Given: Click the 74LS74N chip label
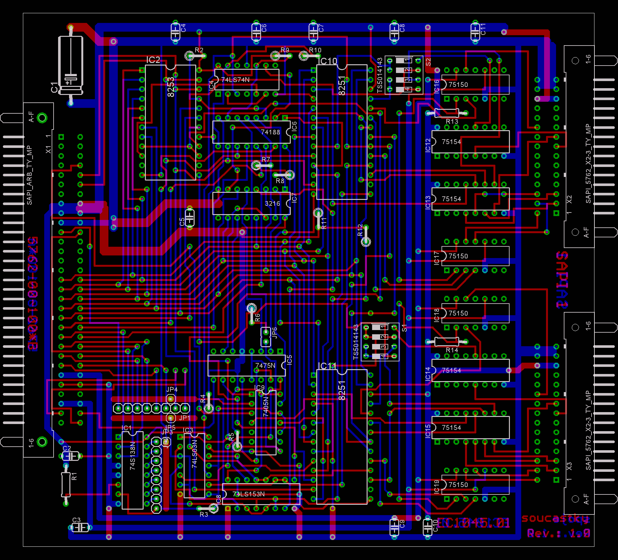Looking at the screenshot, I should (x=235, y=80).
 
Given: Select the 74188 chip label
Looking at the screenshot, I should (x=270, y=132).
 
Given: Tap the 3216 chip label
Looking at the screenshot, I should (x=272, y=203).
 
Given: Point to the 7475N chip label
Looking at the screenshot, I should (x=265, y=366).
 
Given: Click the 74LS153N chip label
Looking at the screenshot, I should (x=248, y=494).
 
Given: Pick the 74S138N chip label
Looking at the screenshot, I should (x=132, y=456).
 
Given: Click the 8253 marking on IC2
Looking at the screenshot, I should (x=171, y=87).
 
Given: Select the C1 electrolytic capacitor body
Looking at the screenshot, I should (x=71, y=65).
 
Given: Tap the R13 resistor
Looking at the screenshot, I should (x=447, y=113).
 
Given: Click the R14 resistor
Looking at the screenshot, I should (x=447, y=341).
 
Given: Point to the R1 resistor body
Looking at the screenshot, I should (x=66, y=484).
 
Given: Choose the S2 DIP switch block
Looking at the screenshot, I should (x=404, y=75).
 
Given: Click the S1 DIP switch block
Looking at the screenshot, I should (x=380, y=342).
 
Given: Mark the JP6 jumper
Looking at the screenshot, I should (x=266, y=337).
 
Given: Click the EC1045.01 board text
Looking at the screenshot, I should (x=473, y=523).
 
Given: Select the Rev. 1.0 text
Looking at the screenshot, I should (x=558, y=533).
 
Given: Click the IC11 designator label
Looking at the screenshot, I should (x=327, y=366).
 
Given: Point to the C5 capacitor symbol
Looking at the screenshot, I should (x=189, y=217).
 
